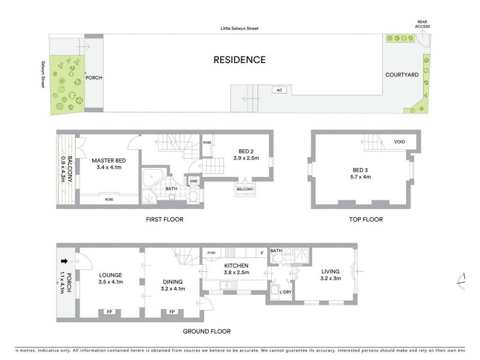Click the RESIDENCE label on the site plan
[x=239, y=59]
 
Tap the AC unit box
[x=278, y=90]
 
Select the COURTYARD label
[x=402, y=75]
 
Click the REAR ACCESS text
[x=423, y=24]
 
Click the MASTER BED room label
[x=109, y=161]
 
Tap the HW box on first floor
[x=194, y=181]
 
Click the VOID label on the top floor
[x=400, y=142]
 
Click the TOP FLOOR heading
[x=365, y=220]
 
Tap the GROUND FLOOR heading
[x=207, y=331]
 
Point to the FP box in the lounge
[x=109, y=312]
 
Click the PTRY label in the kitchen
[x=212, y=253]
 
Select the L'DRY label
[x=286, y=292]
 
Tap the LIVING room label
[x=330, y=271]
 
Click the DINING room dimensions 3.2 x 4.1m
[x=172, y=289]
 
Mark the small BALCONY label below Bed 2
[x=244, y=190]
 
